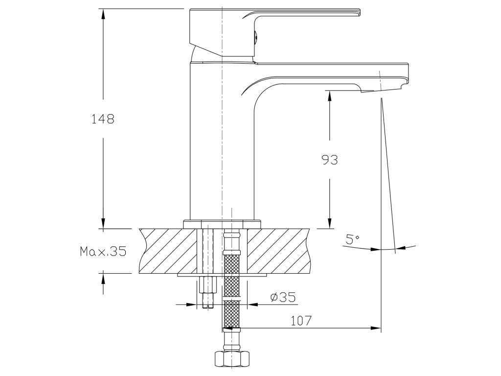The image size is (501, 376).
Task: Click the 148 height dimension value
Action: tap(103, 118)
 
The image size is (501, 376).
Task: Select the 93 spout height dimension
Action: tap(330, 159)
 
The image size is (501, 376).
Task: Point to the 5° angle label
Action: tap(352, 239)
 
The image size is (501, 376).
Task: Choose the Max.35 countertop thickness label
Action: tap(103, 252)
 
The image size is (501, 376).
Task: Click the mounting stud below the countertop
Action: tap(208, 292)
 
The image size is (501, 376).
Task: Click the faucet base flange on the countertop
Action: tap(222, 223)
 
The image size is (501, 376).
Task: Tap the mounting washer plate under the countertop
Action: tap(222, 275)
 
